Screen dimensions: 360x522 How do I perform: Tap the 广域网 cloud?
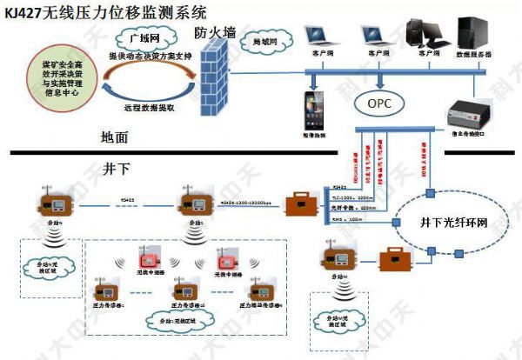click(x=138, y=38)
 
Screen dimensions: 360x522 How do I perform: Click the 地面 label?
click(x=114, y=137)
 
